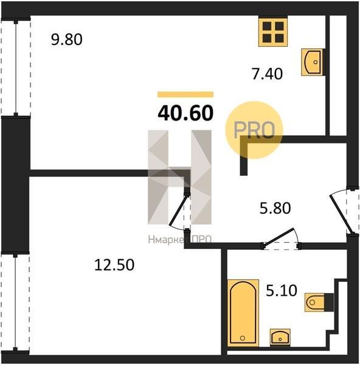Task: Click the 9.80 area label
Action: pos(66,40)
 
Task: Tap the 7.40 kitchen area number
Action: pos(268,74)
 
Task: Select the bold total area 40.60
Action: pos(185,113)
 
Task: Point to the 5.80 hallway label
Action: pos(275,208)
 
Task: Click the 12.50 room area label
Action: pos(114,265)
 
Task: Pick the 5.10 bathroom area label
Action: pos(282,291)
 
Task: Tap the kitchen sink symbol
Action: pos(313,62)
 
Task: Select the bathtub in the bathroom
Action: pos(243,313)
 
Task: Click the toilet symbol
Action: pos(319,302)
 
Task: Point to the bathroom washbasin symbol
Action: pos(280,337)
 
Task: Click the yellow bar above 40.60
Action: pos(185,94)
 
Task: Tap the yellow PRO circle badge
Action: pos(254,130)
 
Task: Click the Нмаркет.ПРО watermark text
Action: pos(179,240)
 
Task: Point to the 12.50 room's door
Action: pos(178,210)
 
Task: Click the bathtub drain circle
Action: pos(243,338)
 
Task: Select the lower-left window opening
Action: pos(15,302)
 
